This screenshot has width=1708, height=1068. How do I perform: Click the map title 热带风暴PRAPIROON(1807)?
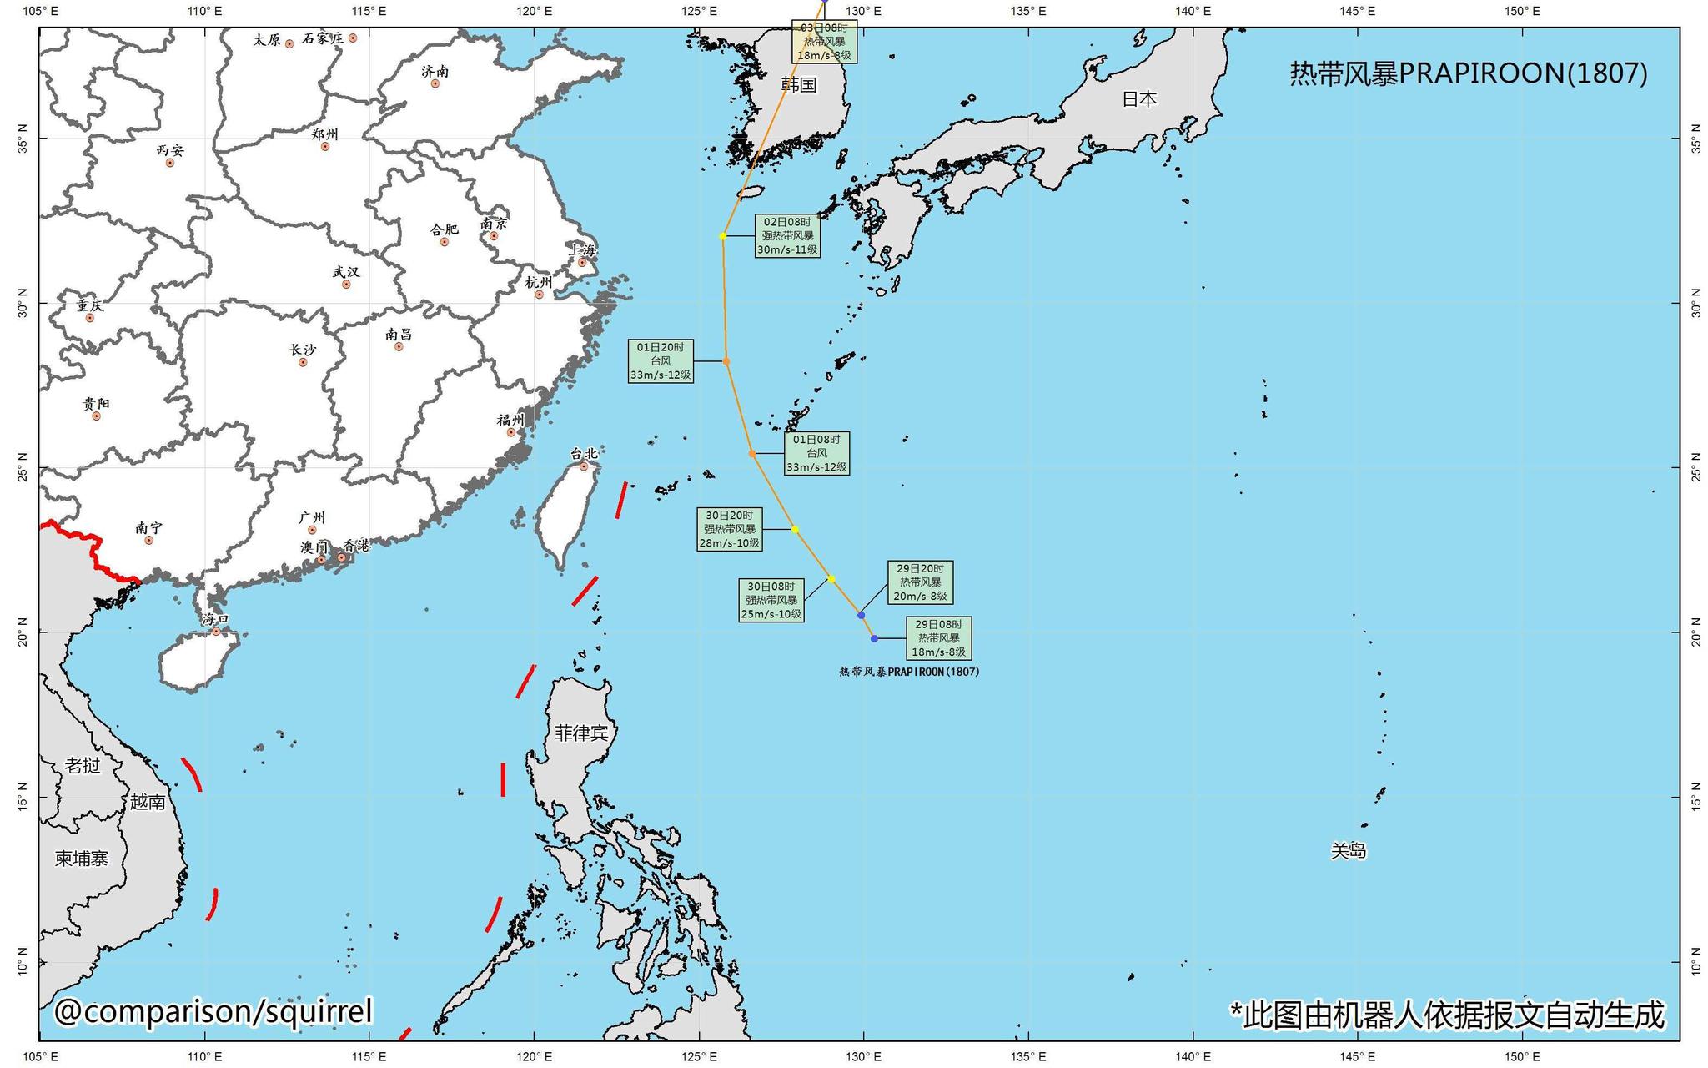pos(1469,74)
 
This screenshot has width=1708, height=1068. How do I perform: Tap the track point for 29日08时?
pos(874,638)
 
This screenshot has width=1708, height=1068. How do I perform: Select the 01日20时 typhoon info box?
pos(661,361)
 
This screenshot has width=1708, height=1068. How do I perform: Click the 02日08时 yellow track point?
pos(723,236)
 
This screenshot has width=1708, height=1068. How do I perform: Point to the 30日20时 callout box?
pos(730,529)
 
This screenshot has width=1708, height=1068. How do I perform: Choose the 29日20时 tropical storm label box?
pos(920,582)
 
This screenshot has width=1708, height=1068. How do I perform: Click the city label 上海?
pos(583,249)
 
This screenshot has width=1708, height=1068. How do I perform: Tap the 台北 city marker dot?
pos(584,466)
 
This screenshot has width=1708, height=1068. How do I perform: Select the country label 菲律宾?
pos(581,733)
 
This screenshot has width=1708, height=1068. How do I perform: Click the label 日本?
pos(1138,98)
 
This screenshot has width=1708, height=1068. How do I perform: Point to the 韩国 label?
pos(798,84)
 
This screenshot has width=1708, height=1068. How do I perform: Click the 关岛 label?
pos(1348,850)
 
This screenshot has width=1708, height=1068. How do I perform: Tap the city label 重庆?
pos(90,305)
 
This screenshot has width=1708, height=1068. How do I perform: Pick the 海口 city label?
pos(214,619)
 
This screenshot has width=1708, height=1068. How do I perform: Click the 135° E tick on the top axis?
pos(1028,11)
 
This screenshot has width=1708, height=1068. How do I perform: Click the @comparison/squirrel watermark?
pos(213,1011)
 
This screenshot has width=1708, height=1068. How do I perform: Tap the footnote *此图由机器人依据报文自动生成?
pos(1447,1015)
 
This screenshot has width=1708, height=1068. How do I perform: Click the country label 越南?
pos(148,802)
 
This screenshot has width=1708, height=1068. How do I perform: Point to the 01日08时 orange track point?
pos(752,453)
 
